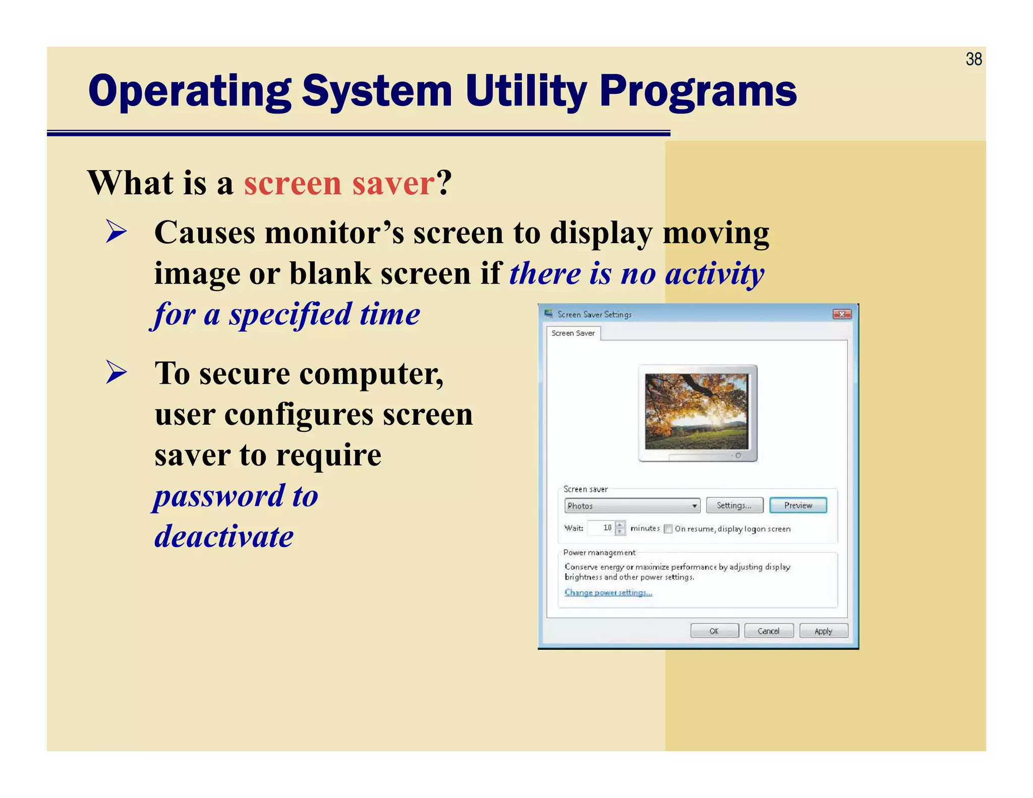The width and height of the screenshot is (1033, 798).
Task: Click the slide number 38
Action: [973, 60]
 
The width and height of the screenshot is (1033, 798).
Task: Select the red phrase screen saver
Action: [339, 183]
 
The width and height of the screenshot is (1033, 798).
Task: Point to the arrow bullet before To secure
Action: [117, 373]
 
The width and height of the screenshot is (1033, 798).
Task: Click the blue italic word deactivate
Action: [224, 536]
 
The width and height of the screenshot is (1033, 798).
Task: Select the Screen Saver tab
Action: [573, 333]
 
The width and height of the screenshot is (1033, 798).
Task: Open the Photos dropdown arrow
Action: [694, 505]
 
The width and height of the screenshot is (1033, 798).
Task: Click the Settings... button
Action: [734, 505]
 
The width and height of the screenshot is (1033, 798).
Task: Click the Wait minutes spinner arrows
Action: [620, 528]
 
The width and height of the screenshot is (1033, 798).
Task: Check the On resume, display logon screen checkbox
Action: [668, 529]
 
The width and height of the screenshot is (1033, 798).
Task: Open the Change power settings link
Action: [608, 593]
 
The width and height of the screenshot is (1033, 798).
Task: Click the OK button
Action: [714, 631]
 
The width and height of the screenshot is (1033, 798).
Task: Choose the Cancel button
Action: [768, 631]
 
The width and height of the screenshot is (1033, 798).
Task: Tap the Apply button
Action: [823, 631]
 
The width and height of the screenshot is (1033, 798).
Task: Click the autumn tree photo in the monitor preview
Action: [697, 411]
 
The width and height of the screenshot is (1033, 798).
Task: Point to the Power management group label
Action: [599, 552]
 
